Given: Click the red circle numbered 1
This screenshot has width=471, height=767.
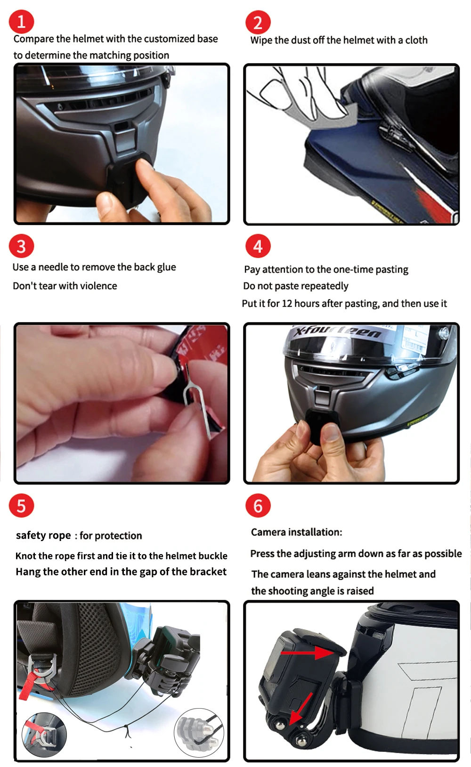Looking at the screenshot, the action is click(21, 22).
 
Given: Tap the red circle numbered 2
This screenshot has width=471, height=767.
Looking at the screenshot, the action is click(258, 23).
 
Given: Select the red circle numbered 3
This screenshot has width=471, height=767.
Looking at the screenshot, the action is click(21, 246).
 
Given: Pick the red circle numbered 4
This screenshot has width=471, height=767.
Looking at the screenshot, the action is click(258, 246).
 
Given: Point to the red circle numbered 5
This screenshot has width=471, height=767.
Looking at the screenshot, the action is click(21, 505).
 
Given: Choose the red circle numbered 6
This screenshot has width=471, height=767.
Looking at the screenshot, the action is click(258, 505).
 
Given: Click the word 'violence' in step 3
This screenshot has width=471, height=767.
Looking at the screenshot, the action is click(98, 286).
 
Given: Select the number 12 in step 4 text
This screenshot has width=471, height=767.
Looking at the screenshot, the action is click(287, 303).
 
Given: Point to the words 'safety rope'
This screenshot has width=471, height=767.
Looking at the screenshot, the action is click(43, 535).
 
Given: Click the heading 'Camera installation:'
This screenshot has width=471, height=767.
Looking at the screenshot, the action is click(297, 532).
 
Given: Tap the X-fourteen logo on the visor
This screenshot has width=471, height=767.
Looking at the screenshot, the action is click(338, 331).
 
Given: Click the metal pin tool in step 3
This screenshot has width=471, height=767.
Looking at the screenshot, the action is click(197, 404).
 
